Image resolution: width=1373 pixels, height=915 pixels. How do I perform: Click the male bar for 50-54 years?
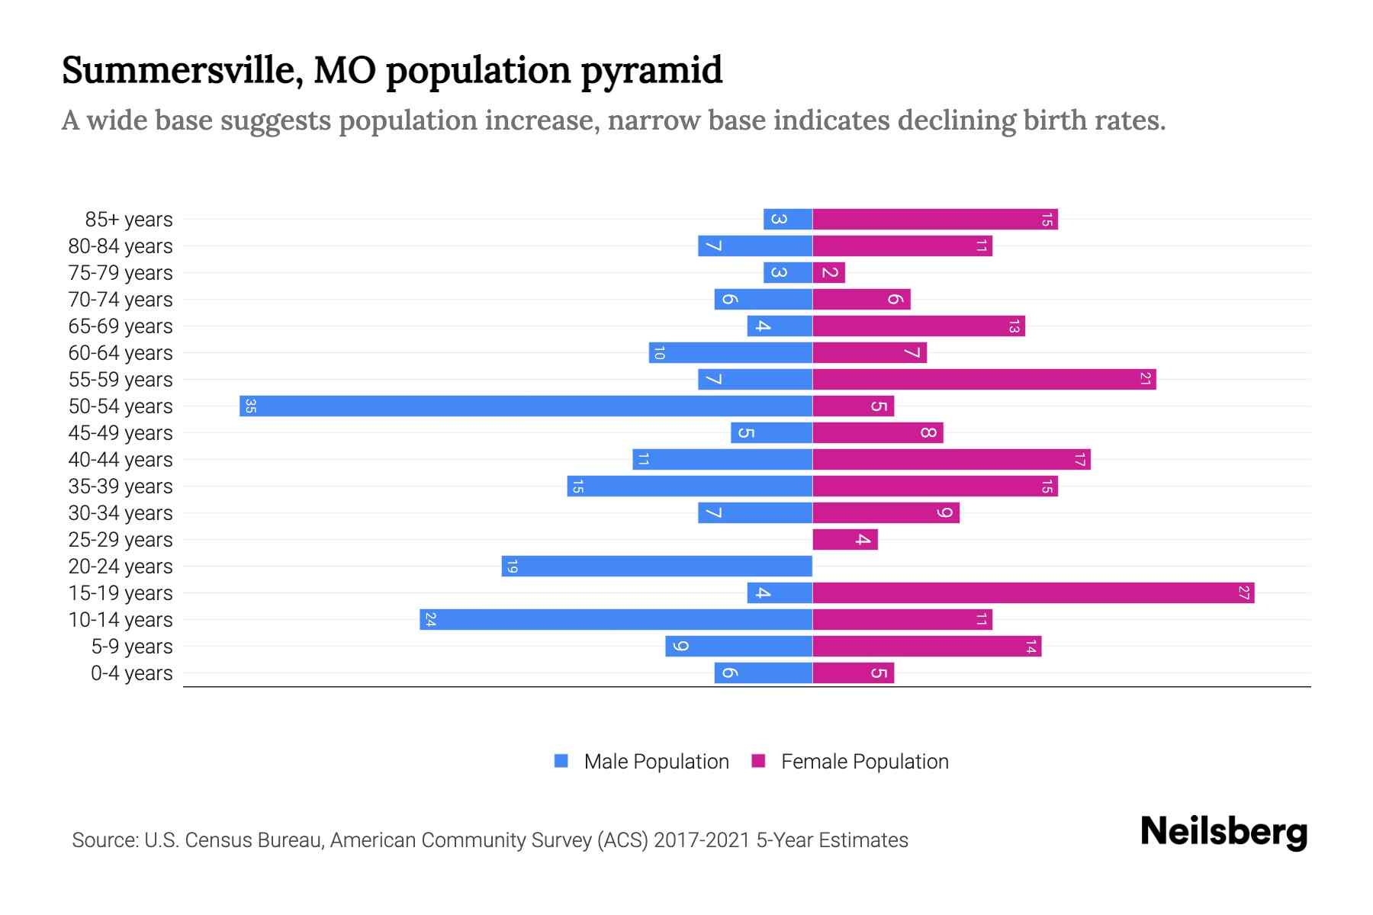(526, 406)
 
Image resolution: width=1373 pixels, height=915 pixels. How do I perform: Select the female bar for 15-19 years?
(1034, 592)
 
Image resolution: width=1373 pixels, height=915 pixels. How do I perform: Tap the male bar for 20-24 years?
(657, 566)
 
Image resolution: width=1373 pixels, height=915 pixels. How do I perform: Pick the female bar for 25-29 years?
(845, 539)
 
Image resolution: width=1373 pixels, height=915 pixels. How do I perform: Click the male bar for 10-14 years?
(616, 619)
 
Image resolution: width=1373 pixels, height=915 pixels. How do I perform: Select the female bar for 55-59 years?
(984, 379)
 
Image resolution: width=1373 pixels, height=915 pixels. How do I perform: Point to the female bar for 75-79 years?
(829, 272)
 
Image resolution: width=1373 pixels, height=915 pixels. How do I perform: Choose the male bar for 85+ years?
(788, 219)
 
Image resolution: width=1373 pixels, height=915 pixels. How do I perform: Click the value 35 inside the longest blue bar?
(250, 406)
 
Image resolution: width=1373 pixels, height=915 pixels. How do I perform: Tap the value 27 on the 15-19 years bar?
(1243, 592)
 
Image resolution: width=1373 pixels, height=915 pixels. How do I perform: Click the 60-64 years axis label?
(121, 353)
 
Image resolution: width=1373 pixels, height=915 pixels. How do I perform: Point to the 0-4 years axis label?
(131, 673)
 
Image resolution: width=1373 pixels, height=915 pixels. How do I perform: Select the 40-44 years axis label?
(121, 460)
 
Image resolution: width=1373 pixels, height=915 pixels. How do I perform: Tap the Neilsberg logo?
(1223, 831)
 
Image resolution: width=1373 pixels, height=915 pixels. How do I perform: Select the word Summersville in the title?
(175, 69)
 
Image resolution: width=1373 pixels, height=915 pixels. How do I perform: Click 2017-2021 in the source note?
(702, 840)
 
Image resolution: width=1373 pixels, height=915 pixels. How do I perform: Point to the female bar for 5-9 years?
(927, 646)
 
